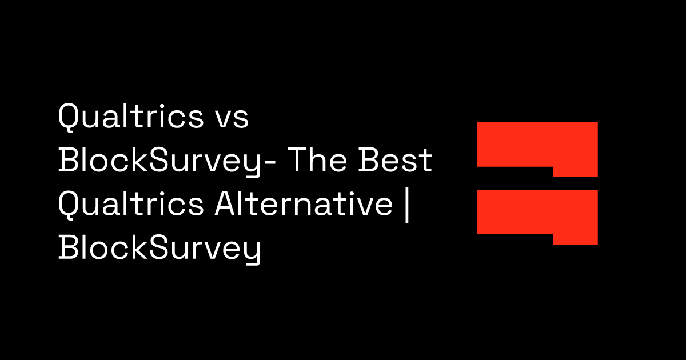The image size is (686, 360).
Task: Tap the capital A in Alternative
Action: click(225, 203)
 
